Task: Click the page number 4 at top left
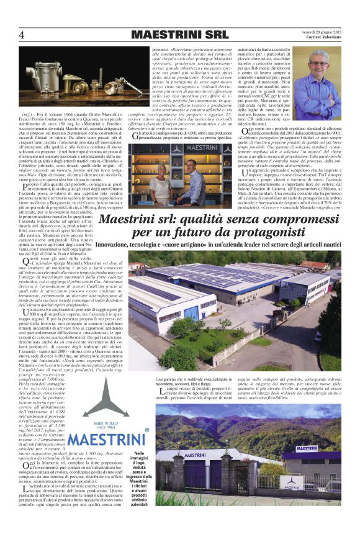click(x=21, y=34)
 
